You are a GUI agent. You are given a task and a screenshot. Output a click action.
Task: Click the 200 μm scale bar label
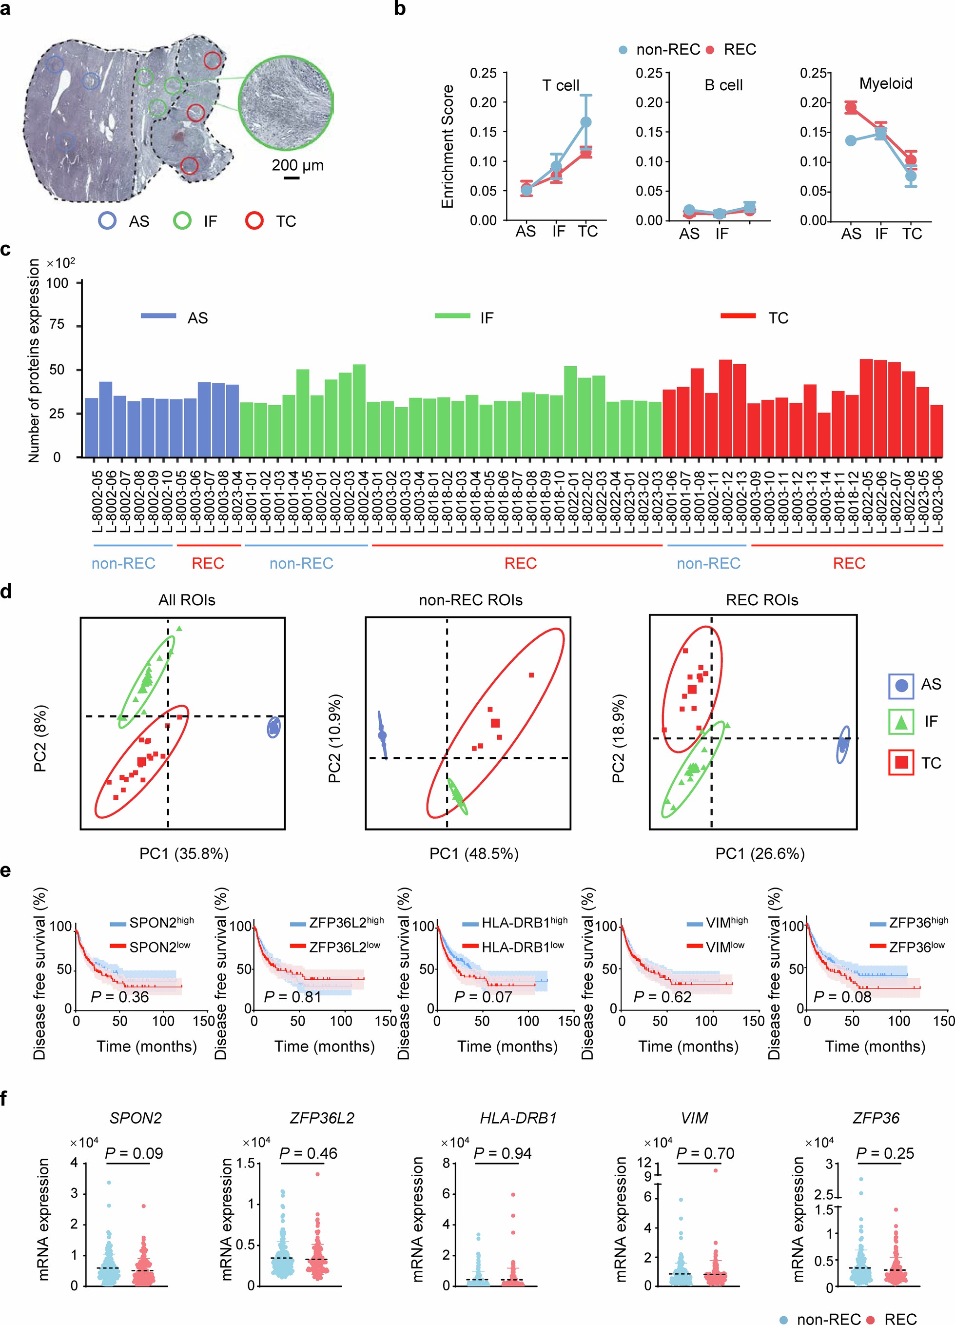(297, 165)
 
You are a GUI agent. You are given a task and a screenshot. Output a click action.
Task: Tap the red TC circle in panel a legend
(254, 221)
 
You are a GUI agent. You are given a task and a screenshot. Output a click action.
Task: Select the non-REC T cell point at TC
(585, 122)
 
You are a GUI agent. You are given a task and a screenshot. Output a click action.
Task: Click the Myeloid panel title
(885, 83)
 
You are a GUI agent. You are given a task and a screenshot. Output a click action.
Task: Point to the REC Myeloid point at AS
(851, 107)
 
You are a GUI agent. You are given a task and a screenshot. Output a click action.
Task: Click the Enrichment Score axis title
(448, 146)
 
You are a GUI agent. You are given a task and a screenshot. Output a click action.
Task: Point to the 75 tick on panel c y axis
(57, 325)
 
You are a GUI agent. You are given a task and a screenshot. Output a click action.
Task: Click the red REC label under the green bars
(520, 563)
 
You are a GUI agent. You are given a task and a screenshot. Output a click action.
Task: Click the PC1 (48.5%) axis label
(474, 853)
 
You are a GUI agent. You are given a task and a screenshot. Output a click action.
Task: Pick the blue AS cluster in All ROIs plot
(273, 728)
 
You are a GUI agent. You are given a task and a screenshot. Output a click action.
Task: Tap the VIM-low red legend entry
(716, 947)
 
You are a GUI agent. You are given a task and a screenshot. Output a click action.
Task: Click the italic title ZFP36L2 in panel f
(322, 1118)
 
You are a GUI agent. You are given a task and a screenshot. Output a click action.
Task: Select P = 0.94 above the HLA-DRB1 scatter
(502, 1153)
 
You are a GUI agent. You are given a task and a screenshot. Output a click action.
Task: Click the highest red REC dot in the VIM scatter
(716, 1170)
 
